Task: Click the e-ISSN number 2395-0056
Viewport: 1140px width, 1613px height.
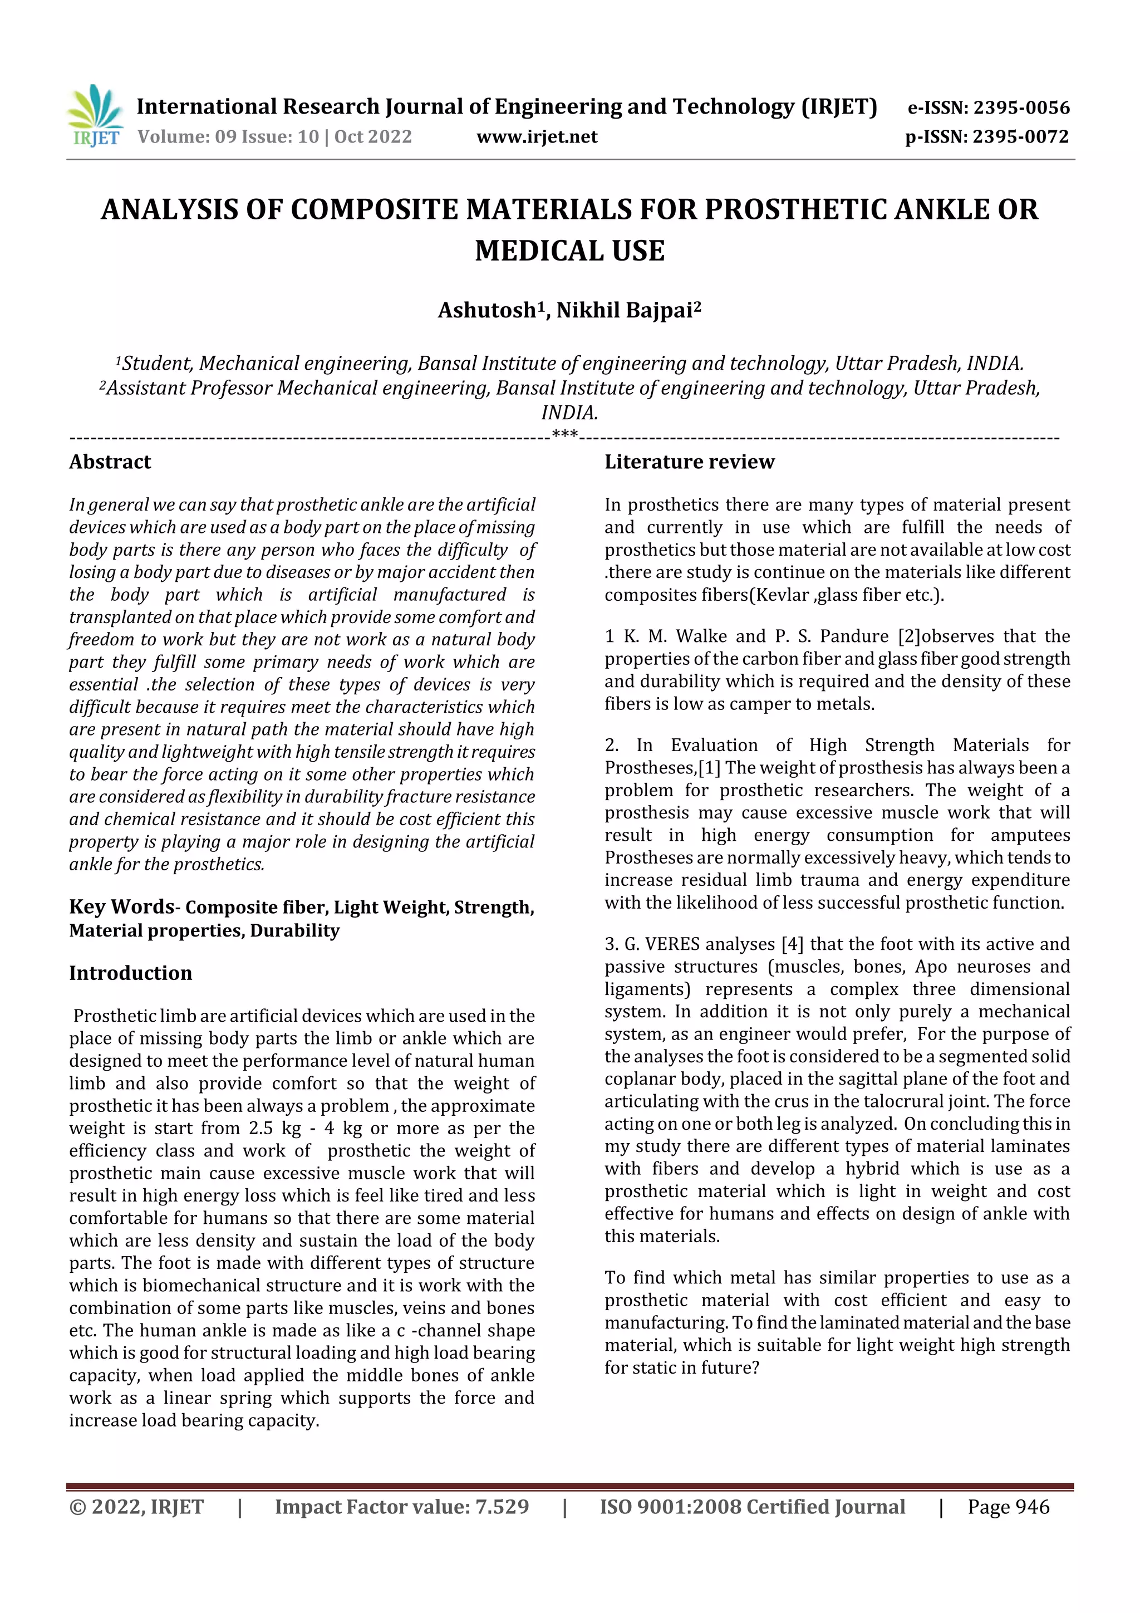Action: (1021, 108)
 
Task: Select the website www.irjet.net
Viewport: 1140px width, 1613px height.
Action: (537, 137)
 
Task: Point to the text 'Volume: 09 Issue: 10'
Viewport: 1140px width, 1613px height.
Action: (228, 137)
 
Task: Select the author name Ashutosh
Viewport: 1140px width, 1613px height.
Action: (487, 311)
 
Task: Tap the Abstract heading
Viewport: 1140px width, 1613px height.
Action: (110, 462)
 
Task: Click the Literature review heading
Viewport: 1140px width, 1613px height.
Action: (689, 462)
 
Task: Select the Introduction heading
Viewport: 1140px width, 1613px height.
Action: (131, 973)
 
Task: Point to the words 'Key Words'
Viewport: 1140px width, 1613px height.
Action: (121, 907)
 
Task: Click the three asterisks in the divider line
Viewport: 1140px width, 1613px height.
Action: (565, 435)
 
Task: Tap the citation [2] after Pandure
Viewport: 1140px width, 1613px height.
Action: (909, 636)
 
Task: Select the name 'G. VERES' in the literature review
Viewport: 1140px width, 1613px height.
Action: (662, 944)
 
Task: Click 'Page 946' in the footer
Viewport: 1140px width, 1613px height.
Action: (1008, 1507)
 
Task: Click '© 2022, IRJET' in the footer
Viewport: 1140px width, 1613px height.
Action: (136, 1507)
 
